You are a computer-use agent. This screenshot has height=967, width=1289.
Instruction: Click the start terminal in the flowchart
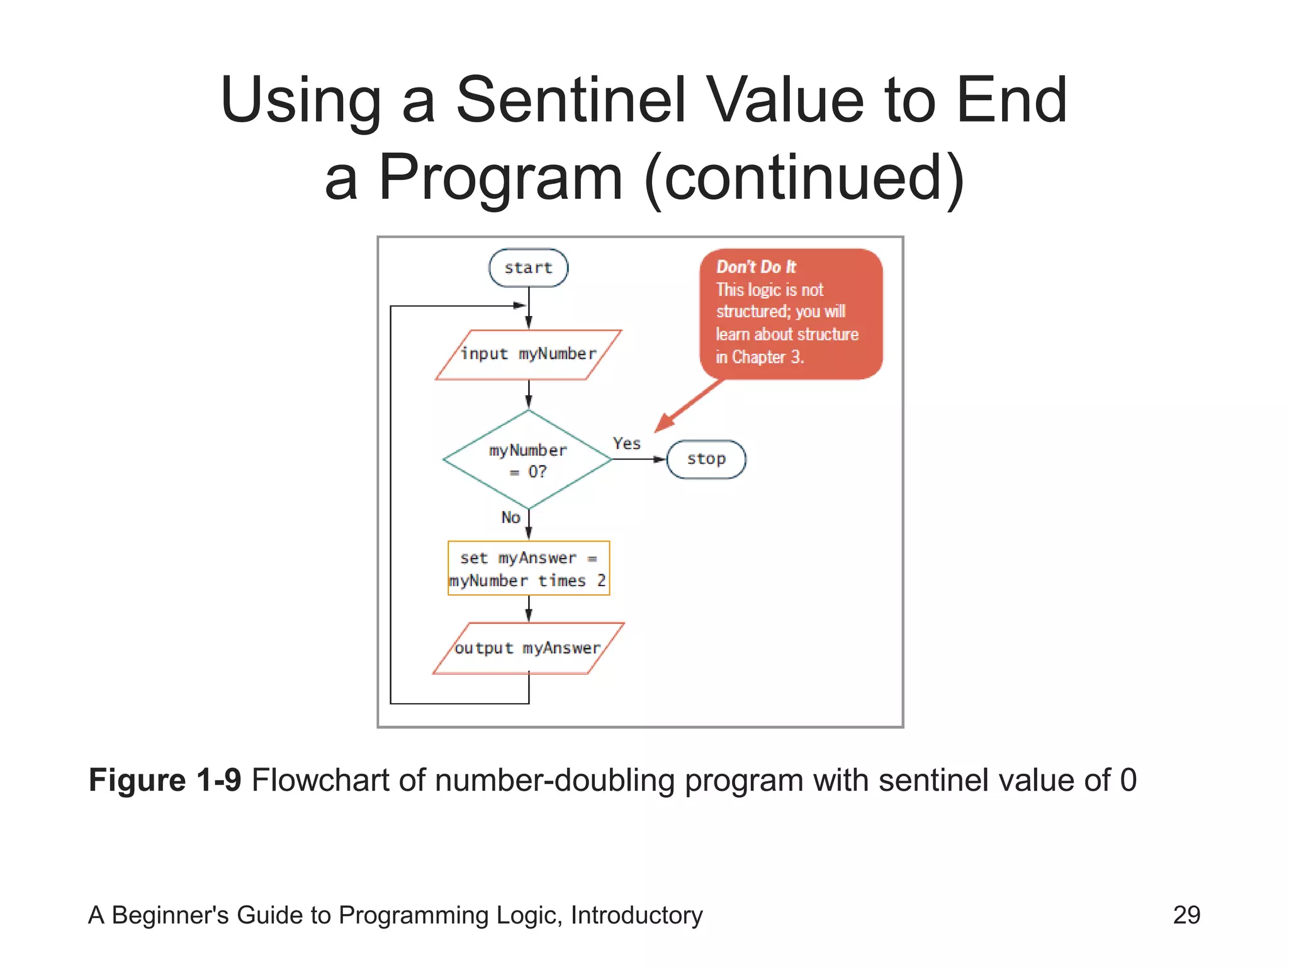coord(528,268)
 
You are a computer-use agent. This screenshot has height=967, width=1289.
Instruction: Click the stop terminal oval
coord(706,459)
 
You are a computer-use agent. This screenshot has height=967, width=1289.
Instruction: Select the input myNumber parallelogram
coord(528,354)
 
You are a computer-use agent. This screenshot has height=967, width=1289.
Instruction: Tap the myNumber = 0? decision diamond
coord(528,460)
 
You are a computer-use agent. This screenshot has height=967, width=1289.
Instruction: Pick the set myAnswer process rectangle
coord(528,568)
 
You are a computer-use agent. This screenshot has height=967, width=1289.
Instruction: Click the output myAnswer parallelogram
coord(528,648)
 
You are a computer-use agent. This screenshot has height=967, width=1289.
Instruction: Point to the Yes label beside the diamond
coord(626,443)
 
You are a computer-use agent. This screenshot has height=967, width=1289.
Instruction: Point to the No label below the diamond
coord(510,517)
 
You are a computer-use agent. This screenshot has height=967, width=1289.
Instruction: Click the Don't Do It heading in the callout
coord(756,267)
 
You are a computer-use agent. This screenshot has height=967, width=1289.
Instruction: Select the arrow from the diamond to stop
coord(638,459)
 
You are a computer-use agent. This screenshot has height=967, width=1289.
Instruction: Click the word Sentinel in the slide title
coord(570,100)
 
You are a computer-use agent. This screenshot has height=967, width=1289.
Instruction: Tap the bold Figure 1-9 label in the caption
coord(165,780)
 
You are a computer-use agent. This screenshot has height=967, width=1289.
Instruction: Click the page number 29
coord(1186,915)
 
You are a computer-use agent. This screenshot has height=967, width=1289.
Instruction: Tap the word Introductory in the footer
coord(636,915)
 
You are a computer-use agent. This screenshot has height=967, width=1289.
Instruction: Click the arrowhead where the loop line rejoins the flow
coord(520,306)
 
